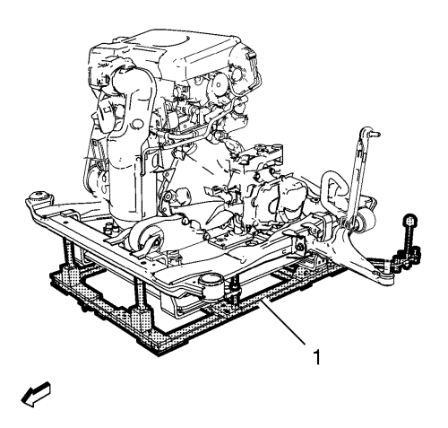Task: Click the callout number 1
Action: (x=317, y=356)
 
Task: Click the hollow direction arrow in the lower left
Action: (x=36, y=394)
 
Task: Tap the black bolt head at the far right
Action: (x=410, y=221)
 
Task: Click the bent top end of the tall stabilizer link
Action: (x=368, y=132)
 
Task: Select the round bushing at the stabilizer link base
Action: (x=366, y=221)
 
